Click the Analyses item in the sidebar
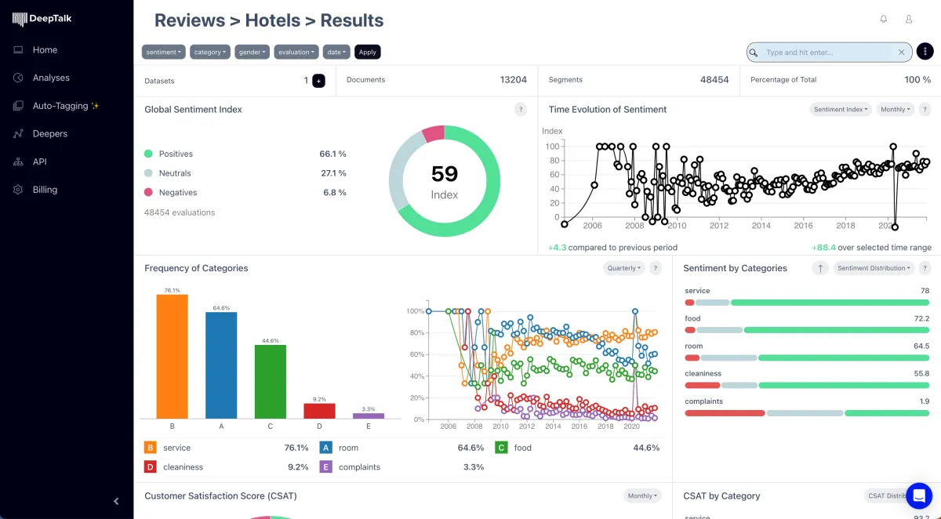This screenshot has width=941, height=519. [51, 78]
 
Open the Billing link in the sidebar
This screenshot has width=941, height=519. [45, 190]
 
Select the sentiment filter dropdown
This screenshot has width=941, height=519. [163, 53]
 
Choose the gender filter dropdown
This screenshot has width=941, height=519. [253, 53]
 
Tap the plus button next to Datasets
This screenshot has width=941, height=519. [318, 81]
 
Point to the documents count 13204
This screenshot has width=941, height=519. [514, 80]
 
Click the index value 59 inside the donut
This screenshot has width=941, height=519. [445, 174]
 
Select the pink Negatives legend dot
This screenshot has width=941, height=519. [148, 192]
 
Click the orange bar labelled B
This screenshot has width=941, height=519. [172, 357]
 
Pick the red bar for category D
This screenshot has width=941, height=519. [319, 411]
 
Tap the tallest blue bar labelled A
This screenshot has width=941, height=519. [221, 365]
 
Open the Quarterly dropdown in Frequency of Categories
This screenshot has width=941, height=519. [624, 268]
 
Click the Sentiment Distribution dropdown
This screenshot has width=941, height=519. [874, 268]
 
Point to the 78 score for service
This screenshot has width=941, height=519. [925, 291]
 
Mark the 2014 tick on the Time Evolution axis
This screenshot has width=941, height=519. [761, 226]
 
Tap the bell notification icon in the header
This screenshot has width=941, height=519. [884, 20]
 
